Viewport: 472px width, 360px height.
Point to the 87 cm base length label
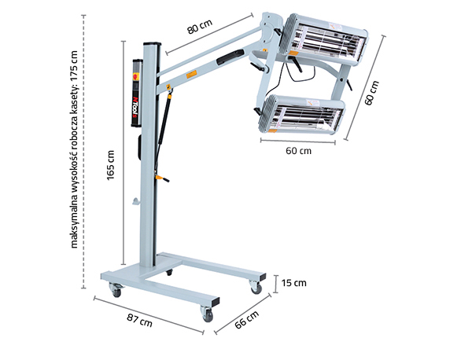pyautogui.click(x=139, y=321)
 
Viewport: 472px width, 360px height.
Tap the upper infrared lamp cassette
pyautogui.click(x=323, y=39)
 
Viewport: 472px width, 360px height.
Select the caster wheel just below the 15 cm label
pyautogui.click(x=256, y=287)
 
